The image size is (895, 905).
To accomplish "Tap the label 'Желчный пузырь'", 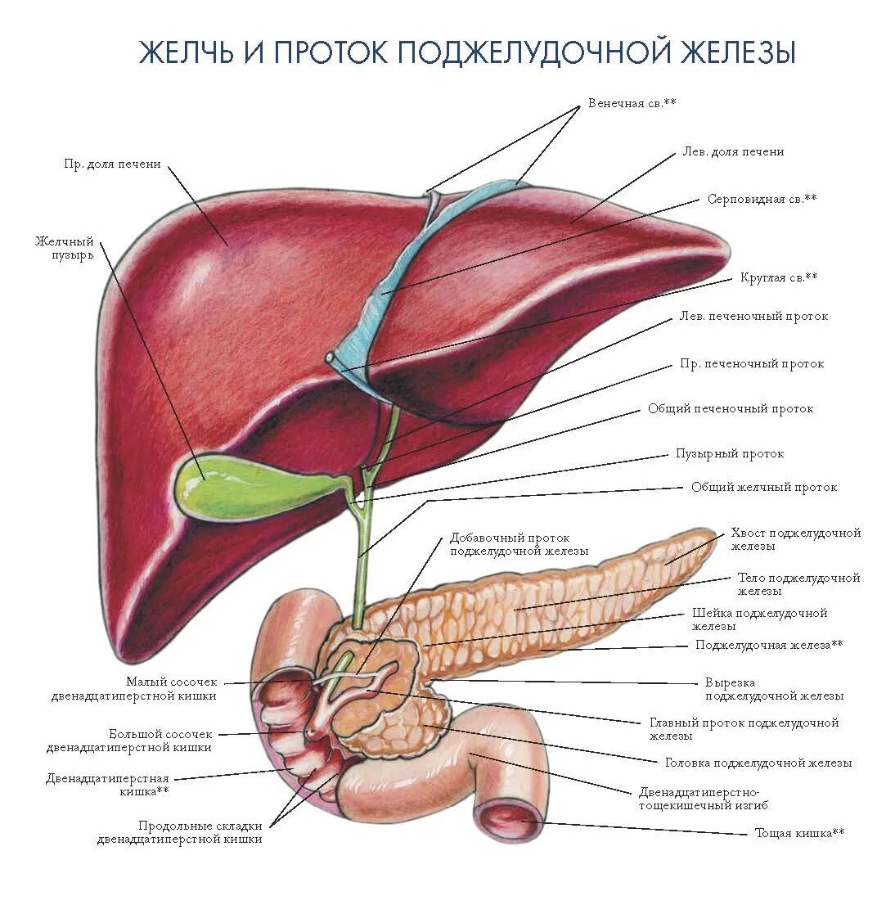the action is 65,248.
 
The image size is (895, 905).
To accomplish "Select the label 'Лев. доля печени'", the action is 733,152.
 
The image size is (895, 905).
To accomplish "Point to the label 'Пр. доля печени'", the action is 113,164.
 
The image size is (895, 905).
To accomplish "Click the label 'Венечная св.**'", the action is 632,104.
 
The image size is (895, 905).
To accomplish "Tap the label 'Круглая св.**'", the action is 779,277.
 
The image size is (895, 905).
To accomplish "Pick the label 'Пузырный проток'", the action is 730,453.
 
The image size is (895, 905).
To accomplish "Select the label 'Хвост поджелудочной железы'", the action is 795,539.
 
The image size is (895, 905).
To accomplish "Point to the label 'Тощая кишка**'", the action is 799,833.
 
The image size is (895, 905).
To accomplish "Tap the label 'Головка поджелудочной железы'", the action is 758,763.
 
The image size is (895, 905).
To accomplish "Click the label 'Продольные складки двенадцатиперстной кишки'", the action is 179,832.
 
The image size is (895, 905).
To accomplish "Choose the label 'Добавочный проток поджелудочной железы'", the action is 519,545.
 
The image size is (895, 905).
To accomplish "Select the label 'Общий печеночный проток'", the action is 731,409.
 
